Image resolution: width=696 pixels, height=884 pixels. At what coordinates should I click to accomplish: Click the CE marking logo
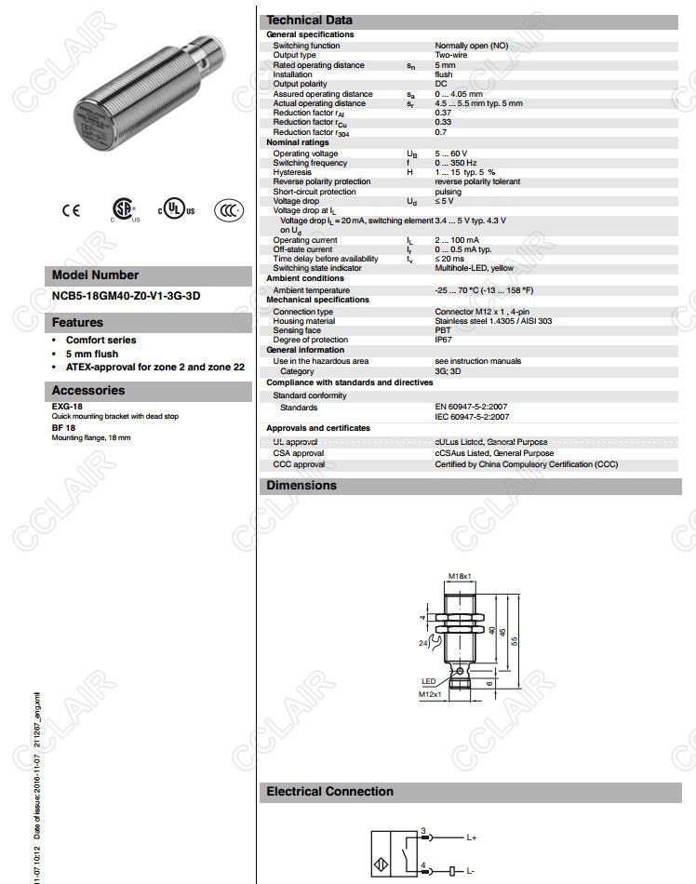coord(72,210)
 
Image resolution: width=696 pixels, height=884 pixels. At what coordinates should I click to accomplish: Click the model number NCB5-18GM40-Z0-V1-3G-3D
coord(127,297)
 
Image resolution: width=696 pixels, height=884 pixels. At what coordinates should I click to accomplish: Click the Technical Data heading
coord(309,20)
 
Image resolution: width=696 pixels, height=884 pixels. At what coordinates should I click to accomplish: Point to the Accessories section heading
coord(87,391)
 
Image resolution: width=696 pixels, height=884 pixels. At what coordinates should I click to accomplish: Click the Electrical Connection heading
coord(329,792)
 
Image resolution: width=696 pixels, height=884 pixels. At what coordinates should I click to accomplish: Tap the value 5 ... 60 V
coord(451,154)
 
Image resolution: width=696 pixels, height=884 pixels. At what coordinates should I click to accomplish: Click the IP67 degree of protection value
coord(443,340)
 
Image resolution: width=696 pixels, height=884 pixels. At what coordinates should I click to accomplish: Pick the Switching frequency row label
coord(310,163)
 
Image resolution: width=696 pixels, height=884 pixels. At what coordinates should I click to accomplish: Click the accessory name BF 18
coord(63,428)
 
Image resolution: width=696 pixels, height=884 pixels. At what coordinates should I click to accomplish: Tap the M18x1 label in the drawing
coord(459,577)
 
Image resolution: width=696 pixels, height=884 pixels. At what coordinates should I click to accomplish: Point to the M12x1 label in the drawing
coord(428,694)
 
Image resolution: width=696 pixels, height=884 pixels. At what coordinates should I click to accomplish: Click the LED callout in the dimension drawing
coord(428,681)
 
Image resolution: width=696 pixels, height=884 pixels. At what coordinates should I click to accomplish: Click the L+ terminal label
coord(472,837)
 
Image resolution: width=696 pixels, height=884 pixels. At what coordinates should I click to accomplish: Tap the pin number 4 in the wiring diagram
coord(423,865)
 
